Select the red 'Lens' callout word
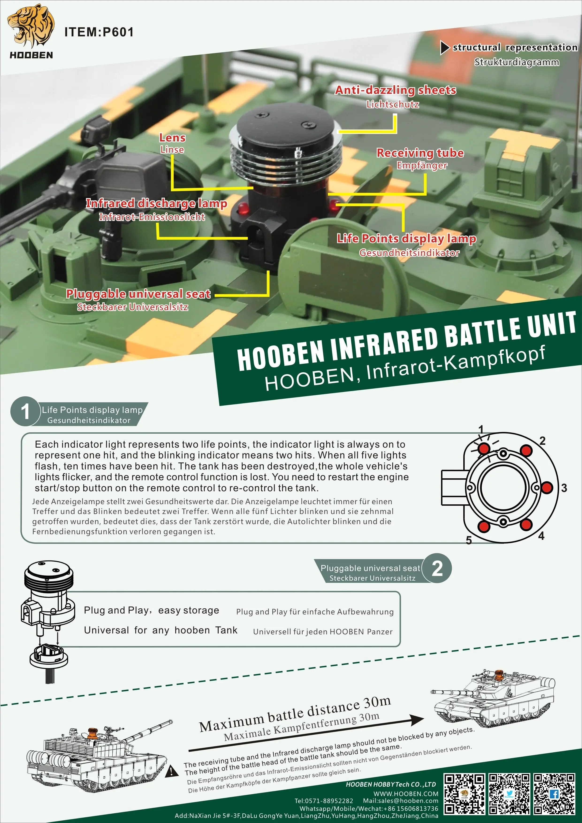coord(172,138)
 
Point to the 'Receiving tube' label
coord(420,153)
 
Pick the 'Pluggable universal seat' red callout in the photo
coord(138,294)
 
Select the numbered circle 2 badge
coord(437,568)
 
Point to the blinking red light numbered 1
coord(484,448)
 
